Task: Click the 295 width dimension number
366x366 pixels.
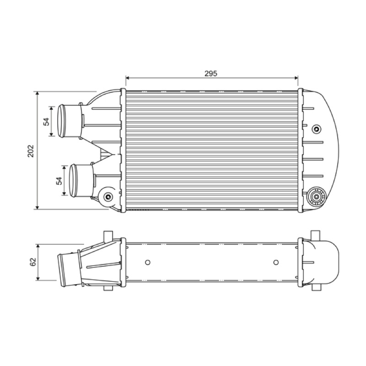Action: tap(211, 74)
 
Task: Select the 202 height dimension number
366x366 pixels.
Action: tap(31, 151)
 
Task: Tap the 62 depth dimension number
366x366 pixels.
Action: tap(33, 262)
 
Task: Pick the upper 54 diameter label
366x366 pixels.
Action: tap(47, 122)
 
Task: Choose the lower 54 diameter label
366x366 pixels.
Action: tap(59, 181)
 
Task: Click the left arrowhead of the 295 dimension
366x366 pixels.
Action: tap(128, 78)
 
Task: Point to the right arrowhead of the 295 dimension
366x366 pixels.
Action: tap(296, 78)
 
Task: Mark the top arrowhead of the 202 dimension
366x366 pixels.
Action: tap(38, 93)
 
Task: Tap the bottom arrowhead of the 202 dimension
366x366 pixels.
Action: tap(38, 207)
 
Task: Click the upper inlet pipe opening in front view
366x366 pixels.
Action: tap(62, 121)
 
